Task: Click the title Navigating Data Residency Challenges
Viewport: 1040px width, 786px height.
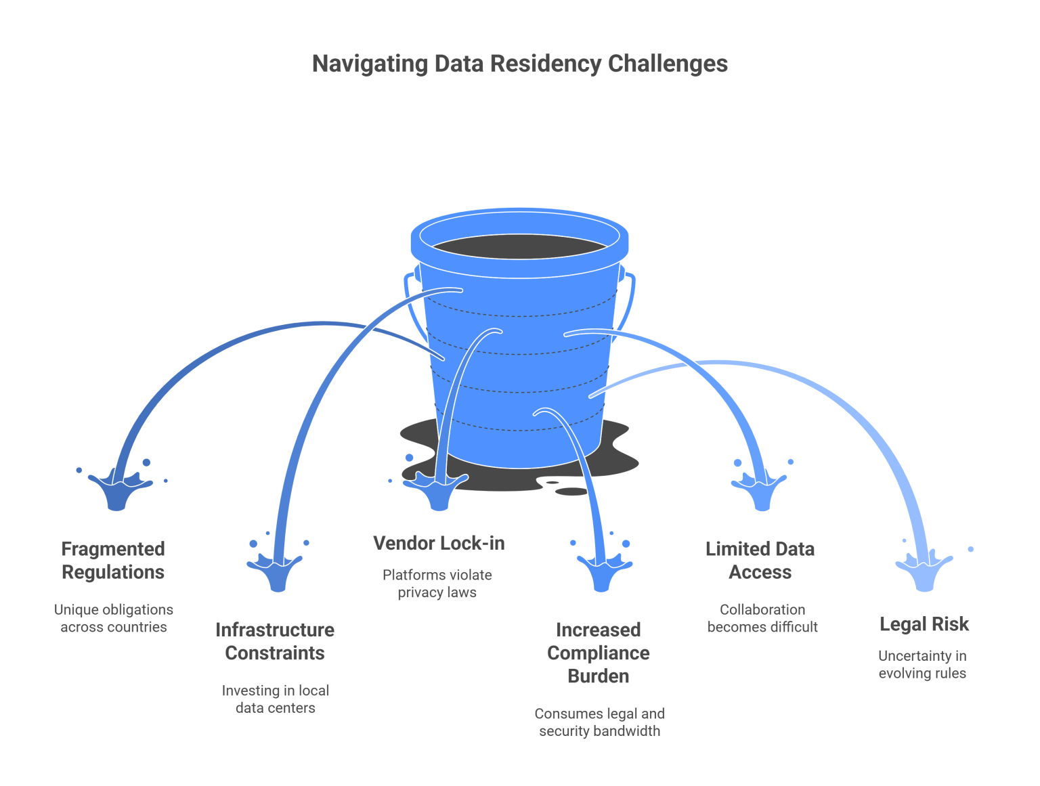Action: (519, 64)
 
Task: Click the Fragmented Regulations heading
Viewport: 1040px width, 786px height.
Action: (113, 561)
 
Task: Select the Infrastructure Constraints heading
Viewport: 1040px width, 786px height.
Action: (275, 641)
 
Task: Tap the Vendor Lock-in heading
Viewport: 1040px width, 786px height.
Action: (439, 543)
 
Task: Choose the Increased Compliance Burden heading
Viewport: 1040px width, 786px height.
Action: (598, 653)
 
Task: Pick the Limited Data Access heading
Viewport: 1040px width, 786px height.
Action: (760, 561)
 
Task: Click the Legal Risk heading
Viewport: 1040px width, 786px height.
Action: (924, 624)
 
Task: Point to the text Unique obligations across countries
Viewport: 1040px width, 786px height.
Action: (114, 618)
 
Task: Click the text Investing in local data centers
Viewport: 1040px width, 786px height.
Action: (275, 699)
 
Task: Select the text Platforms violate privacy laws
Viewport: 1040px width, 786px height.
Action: (437, 584)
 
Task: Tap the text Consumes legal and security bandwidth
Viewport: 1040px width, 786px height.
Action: (599, 722)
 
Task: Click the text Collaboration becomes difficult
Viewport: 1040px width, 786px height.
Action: (762, 618)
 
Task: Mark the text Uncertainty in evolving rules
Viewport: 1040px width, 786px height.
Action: (922, 664)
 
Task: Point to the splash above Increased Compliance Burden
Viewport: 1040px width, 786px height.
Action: (602, 572)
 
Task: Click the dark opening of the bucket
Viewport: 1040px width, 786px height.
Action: (519, 247)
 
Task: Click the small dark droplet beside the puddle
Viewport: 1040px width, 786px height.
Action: (572, 492)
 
